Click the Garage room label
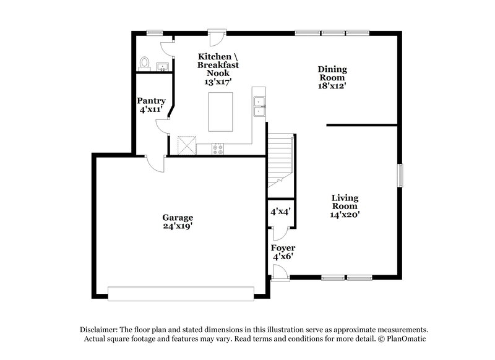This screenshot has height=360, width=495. (x=178, y=218)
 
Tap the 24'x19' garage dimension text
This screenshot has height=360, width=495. (x=178, y=226)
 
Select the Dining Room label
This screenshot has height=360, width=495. (x=332, y=74)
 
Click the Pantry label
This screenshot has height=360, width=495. (x=150, y=100)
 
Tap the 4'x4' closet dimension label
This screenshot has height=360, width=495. (x=280, y=211)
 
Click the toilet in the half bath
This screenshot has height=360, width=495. (x=145, y=63)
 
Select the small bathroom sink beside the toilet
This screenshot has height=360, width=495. (x=163, y=66)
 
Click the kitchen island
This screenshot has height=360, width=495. (x=220, y=111)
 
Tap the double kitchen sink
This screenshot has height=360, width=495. (x=259, y=106)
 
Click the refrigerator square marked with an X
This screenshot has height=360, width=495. (x=186, y=146)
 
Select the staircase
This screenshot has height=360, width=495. (x=280, y=159)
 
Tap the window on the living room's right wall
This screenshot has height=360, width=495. (x=400, y=174)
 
